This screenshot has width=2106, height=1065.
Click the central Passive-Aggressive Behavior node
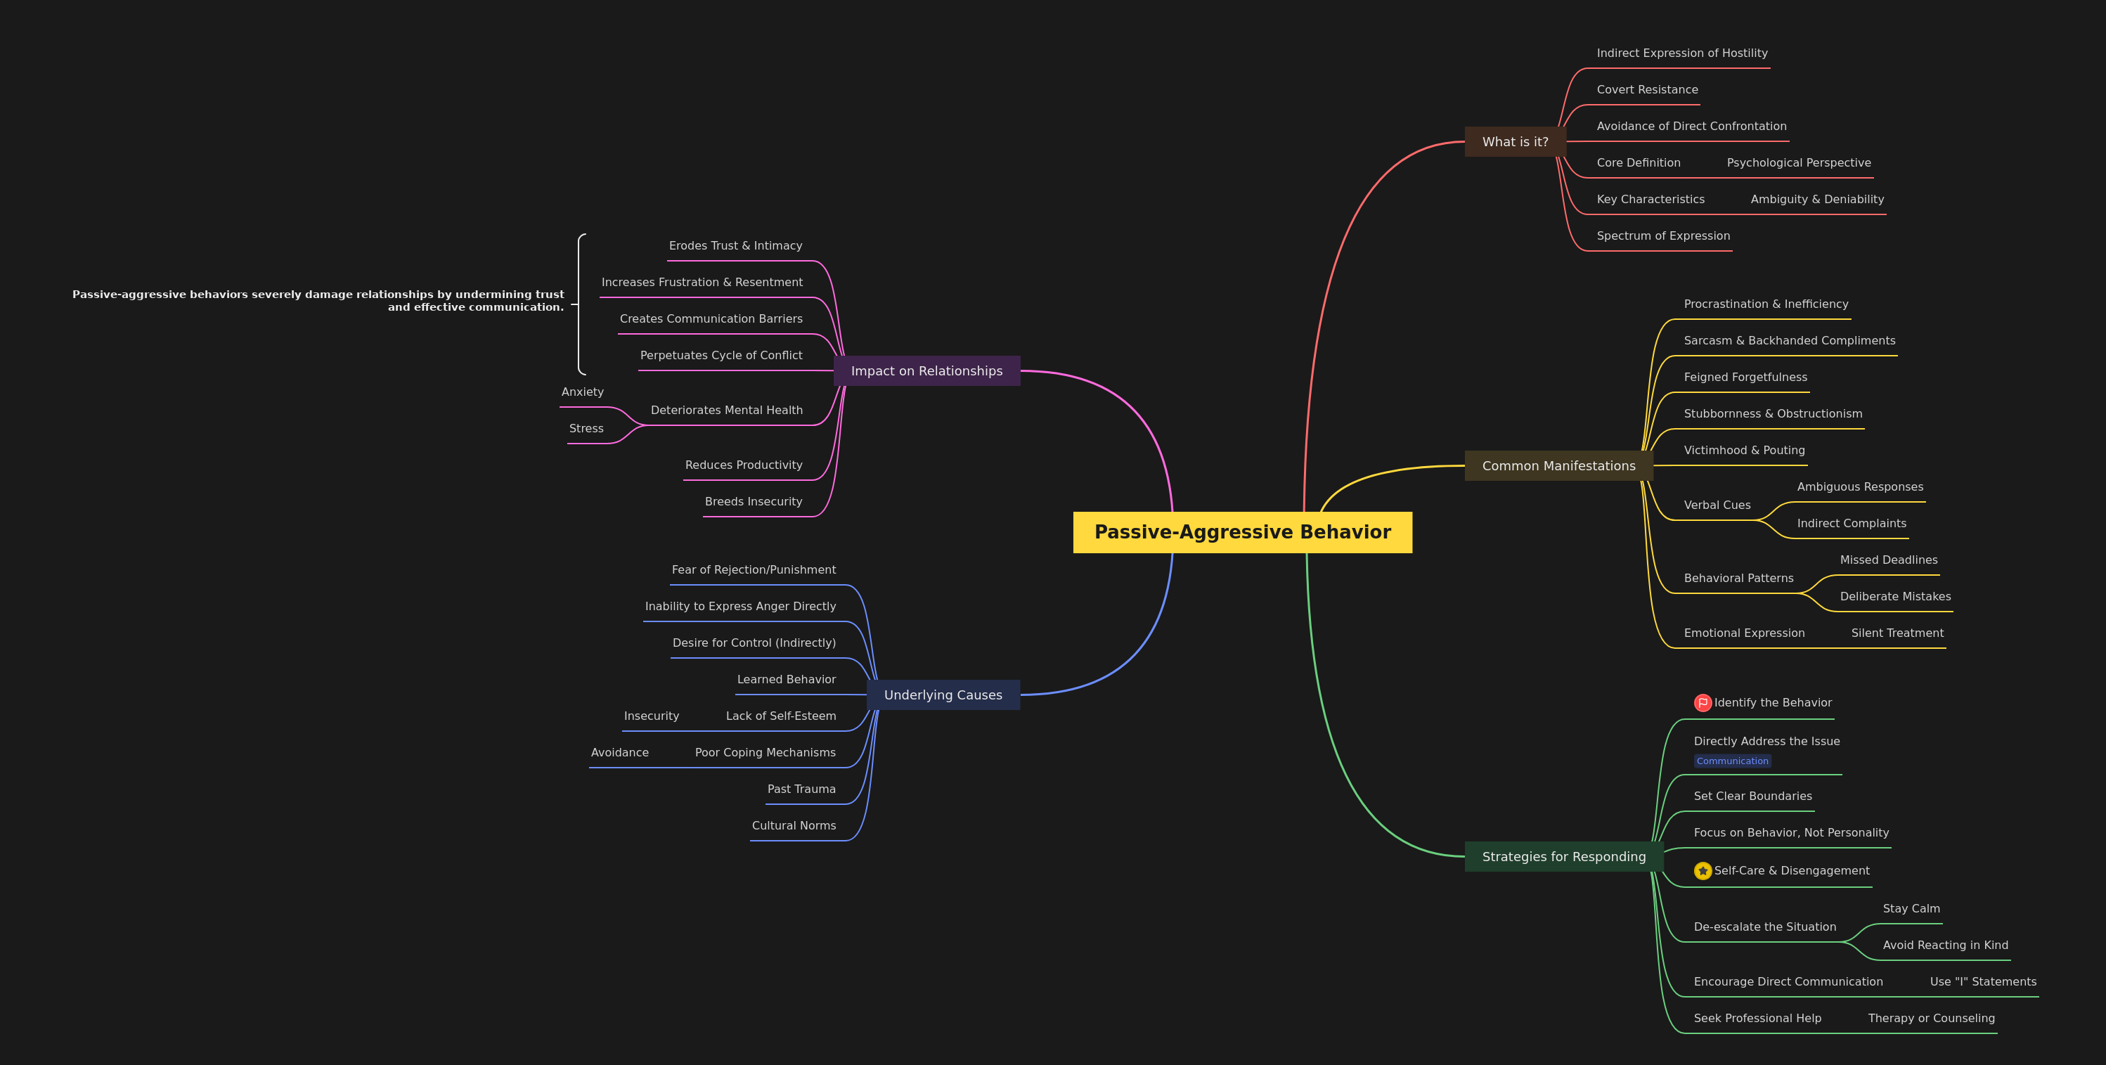point(1243,532)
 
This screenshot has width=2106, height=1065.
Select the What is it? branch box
point(1515,141)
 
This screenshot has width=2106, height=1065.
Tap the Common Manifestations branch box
point(1558,466)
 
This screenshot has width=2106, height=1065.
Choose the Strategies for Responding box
point(1564,857)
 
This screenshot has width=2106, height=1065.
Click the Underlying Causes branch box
point(943,695)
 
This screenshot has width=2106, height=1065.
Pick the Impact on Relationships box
point(926,371)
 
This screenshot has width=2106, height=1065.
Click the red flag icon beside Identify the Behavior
point(1703,703)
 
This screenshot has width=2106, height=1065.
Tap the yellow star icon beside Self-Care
point(1703,871)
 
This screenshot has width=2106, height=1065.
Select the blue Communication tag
point(1732,761)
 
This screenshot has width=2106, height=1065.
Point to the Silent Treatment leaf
point(1897,633)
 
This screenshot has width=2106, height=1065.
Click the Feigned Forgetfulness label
point(1745,377)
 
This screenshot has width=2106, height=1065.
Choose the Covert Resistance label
point(1648,90)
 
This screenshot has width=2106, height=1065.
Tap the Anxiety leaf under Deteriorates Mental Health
point(582,392)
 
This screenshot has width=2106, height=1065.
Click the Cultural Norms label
point(794,825)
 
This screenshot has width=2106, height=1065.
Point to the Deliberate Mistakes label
point(1895,597)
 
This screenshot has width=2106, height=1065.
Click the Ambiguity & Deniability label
point(1817,200)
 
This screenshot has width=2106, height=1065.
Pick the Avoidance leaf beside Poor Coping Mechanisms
point(620,753)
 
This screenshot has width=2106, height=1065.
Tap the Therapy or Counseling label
point(1931,1019)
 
